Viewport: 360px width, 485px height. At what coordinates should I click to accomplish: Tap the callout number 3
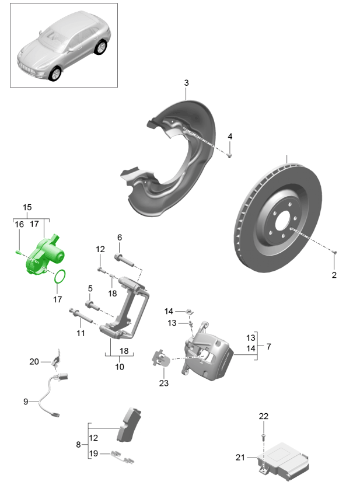(186, 83)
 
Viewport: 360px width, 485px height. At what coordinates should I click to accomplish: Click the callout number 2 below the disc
(334, 274)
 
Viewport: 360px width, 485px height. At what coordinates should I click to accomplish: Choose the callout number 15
(27, 207)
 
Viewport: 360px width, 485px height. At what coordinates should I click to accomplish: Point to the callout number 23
(163, 383)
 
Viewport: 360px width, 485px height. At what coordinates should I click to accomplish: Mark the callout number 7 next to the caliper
(268, 347)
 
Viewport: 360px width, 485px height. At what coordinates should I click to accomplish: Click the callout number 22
(263, 416)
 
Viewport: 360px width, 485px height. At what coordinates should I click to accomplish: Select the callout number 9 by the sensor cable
(26, 402)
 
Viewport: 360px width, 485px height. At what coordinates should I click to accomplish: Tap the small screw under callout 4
(229, 155)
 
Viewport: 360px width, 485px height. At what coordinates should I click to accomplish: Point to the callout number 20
(34, 362)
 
